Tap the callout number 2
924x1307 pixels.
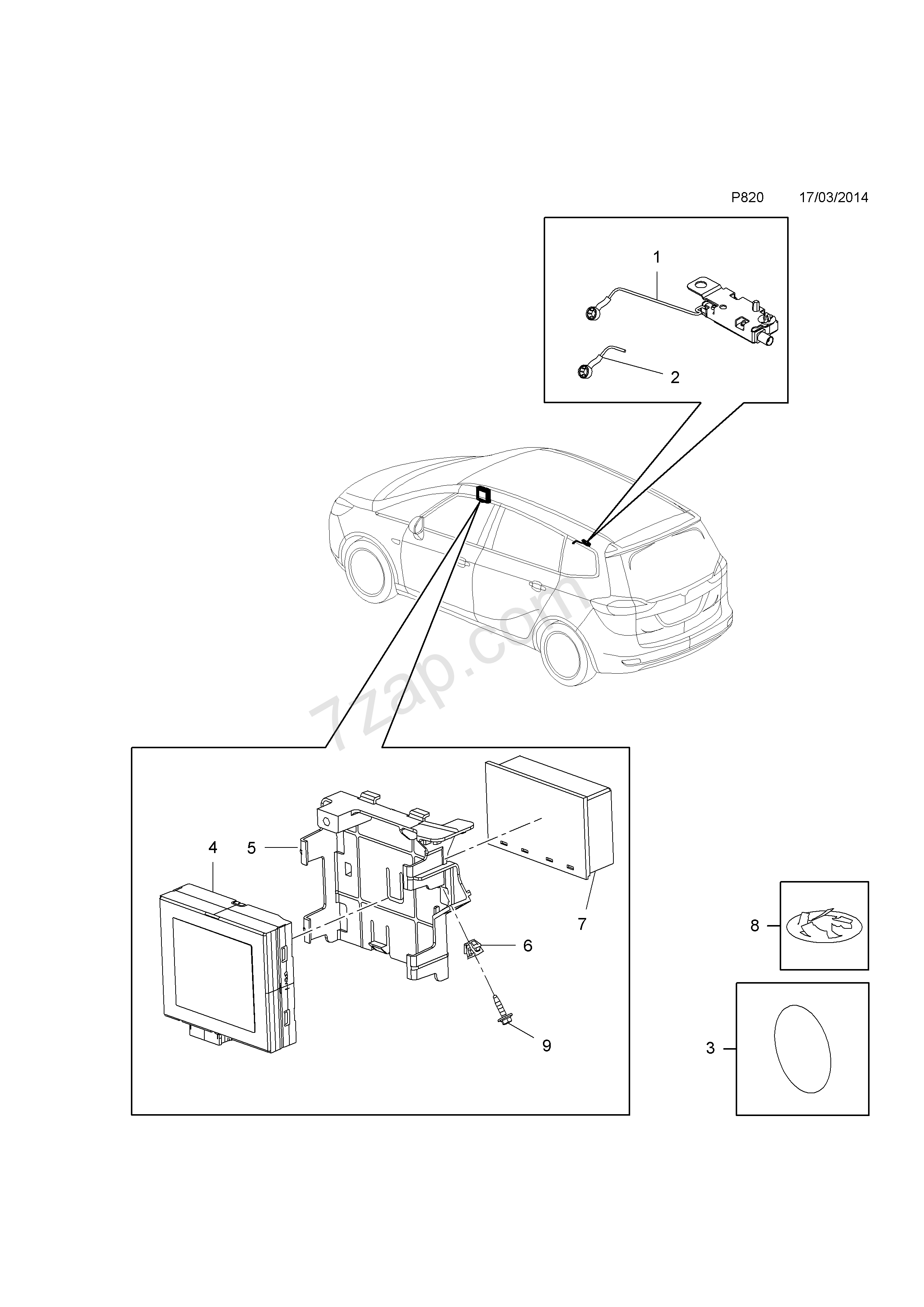(675, 377)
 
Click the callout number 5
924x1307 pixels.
(251, 864)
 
